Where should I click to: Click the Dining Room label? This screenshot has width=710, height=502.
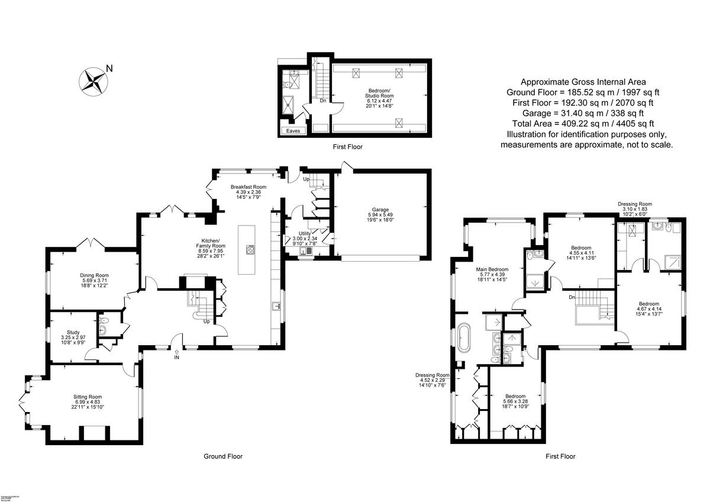[95, 281]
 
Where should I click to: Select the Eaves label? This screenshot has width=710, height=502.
[293, 131]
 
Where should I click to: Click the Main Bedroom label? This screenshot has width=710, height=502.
[492, 275]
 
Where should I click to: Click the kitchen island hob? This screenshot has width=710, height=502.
[250, 249]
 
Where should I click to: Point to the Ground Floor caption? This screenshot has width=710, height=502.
[223, 456]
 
